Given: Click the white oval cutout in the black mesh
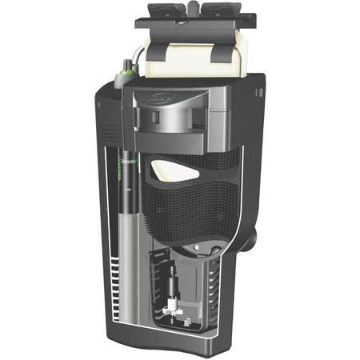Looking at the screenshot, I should click(x=174, y=169).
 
